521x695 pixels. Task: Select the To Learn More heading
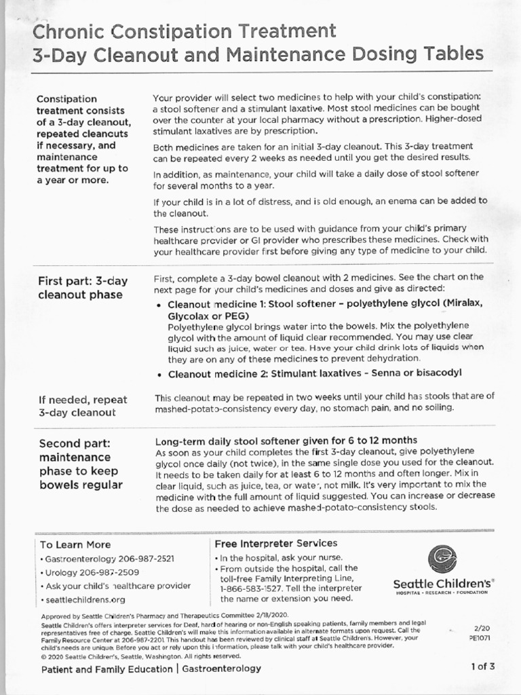point(75,544)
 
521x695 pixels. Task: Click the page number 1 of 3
point(483,666)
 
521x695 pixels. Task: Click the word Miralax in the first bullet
point(464,303)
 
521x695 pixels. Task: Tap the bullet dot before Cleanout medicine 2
point(159,373)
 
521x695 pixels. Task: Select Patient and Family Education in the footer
point(107,669)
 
